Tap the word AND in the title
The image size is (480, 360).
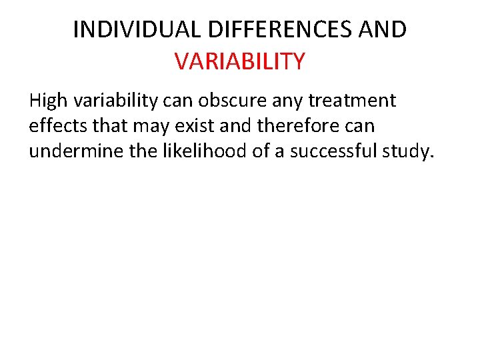click(x=381, y=29)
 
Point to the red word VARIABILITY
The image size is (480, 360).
click(x=239, y=61)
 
